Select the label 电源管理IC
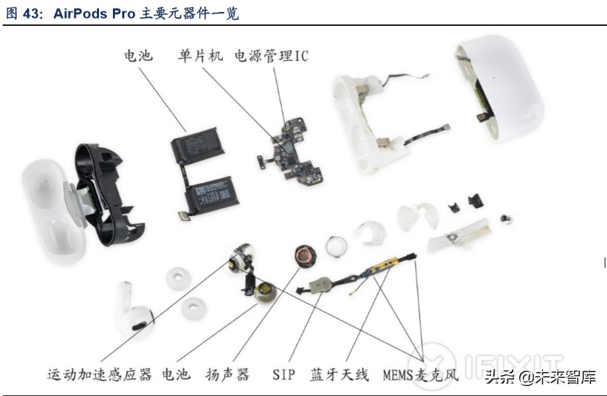(271, 56)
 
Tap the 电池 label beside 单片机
(138, 56)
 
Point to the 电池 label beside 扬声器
(176, 375)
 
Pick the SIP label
(284, 375)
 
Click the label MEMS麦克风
(420, 375)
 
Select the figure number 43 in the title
(31, 13)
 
